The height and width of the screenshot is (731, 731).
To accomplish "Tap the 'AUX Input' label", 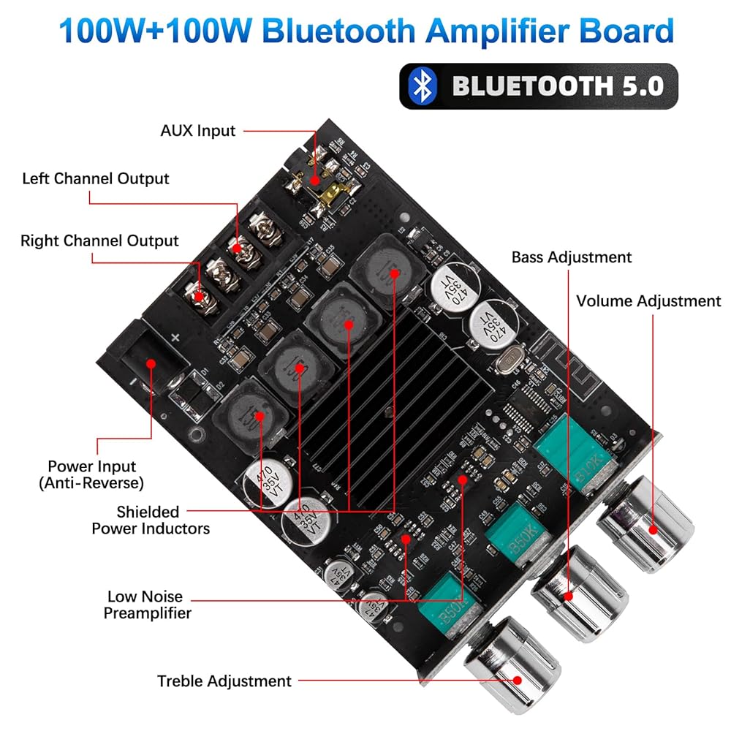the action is coord(198,132).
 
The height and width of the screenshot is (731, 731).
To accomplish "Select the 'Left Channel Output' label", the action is coord(96,178).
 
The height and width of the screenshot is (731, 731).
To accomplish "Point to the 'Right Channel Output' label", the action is coord(99,240).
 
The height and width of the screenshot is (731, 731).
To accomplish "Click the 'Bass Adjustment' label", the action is coord(571,257).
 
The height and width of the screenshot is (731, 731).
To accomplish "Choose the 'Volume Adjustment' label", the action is coord(648,301).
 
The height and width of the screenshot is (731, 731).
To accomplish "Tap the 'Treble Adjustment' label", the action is coord(224,681).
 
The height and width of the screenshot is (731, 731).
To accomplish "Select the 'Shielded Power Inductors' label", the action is coord(150,520).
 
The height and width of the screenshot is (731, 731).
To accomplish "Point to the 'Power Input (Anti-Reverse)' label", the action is coord(92,474).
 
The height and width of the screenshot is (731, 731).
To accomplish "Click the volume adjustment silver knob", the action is coord(646,520).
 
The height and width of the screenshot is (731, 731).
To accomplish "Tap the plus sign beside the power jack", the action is coord(175,338).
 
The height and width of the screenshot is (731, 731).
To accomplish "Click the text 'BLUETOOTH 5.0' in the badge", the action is coord(557,86).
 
